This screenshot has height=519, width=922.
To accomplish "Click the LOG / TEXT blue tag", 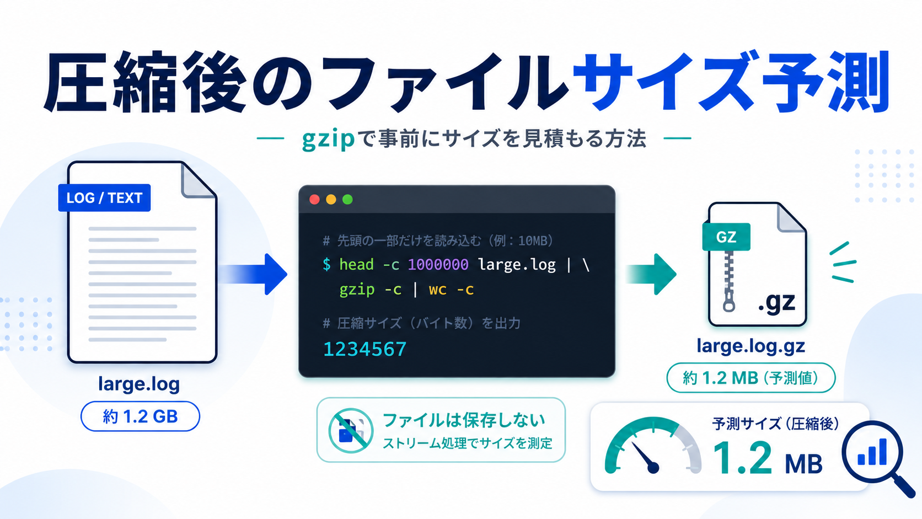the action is coord(104,197).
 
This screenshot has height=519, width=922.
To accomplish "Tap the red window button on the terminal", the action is coord(314,200).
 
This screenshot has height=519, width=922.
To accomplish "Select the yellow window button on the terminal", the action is coord(331,200).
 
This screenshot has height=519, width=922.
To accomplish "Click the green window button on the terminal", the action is coord(347,200).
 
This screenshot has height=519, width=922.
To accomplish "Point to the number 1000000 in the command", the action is coord(438,264).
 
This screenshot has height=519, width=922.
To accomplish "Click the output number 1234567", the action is coord(364,349).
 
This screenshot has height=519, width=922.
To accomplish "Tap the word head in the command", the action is coord(356,264).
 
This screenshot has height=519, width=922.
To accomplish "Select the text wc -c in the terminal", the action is coord(451,290).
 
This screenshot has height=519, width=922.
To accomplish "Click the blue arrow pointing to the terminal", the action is coord(253,274).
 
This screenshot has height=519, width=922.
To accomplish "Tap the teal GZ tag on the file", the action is coord(726,237).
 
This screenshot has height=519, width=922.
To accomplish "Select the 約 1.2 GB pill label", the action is coord(141,416).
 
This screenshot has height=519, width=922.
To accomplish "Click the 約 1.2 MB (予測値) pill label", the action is coord(751,378).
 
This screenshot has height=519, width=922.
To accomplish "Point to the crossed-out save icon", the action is coord(351,431).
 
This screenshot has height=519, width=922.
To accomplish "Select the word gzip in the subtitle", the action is coord(328,139).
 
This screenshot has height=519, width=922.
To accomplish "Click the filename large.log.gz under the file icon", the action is coord(751,346).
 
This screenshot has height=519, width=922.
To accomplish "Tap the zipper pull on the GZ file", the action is coord(729,303).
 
